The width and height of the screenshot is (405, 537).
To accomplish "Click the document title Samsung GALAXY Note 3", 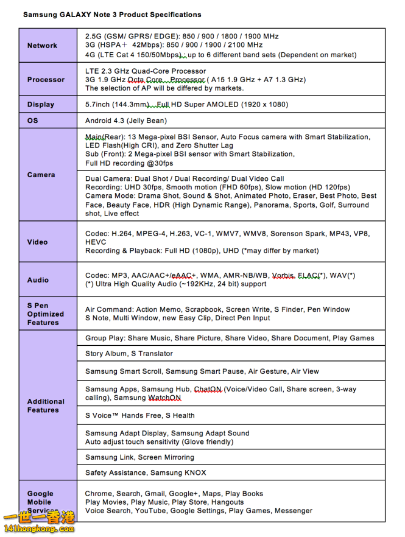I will coord(112,14).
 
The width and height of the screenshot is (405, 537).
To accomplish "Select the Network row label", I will coord(42,46).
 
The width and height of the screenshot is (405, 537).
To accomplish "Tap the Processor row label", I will coord(46,80).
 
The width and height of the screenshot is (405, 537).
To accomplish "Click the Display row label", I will coord(41,105).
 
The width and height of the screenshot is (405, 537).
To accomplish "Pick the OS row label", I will coord(33,121).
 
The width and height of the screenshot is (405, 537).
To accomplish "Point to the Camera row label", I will coord(41,175).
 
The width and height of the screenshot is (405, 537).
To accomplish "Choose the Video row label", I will coord(37,242).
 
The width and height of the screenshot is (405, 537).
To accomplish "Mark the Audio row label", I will coord(37,280).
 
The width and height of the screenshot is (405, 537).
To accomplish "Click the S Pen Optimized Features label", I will coord(45,314).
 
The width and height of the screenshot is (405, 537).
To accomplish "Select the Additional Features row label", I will coord(46,405).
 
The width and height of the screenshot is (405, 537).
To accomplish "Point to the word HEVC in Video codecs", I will coord(96,242).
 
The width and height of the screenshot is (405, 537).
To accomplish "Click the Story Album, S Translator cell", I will coord(129,354).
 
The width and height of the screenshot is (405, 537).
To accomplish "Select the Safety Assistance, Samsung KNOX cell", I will coord(146,472).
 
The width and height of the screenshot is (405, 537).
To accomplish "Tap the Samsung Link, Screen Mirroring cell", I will coord(139,457).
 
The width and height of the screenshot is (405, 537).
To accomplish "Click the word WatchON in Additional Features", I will coord(164,398).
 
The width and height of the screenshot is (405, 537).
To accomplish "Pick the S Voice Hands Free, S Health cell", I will coord(140,415).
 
